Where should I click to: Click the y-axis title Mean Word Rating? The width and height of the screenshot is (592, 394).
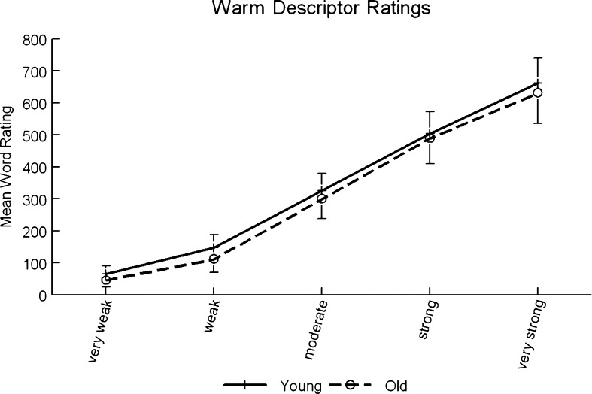pyautogui.click(x=9, y=166)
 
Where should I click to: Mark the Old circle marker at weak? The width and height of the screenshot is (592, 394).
pyautogui.click(x=214, y=259)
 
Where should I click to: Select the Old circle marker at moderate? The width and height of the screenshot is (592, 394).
pyautogui.click(x=321, y=199)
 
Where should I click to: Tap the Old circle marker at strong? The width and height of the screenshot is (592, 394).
pyautogui.click(x=430, y=138)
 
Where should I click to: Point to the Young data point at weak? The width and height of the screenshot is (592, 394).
pyautogui.click(x=214, y=247)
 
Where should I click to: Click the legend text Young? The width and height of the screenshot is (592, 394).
pyautogui.click(x=301, y=386)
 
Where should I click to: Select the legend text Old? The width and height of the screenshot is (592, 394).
pyautogui.click(x=396, y=386)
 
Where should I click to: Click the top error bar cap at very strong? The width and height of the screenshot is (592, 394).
pyautogui.click(x=537, y=58)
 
